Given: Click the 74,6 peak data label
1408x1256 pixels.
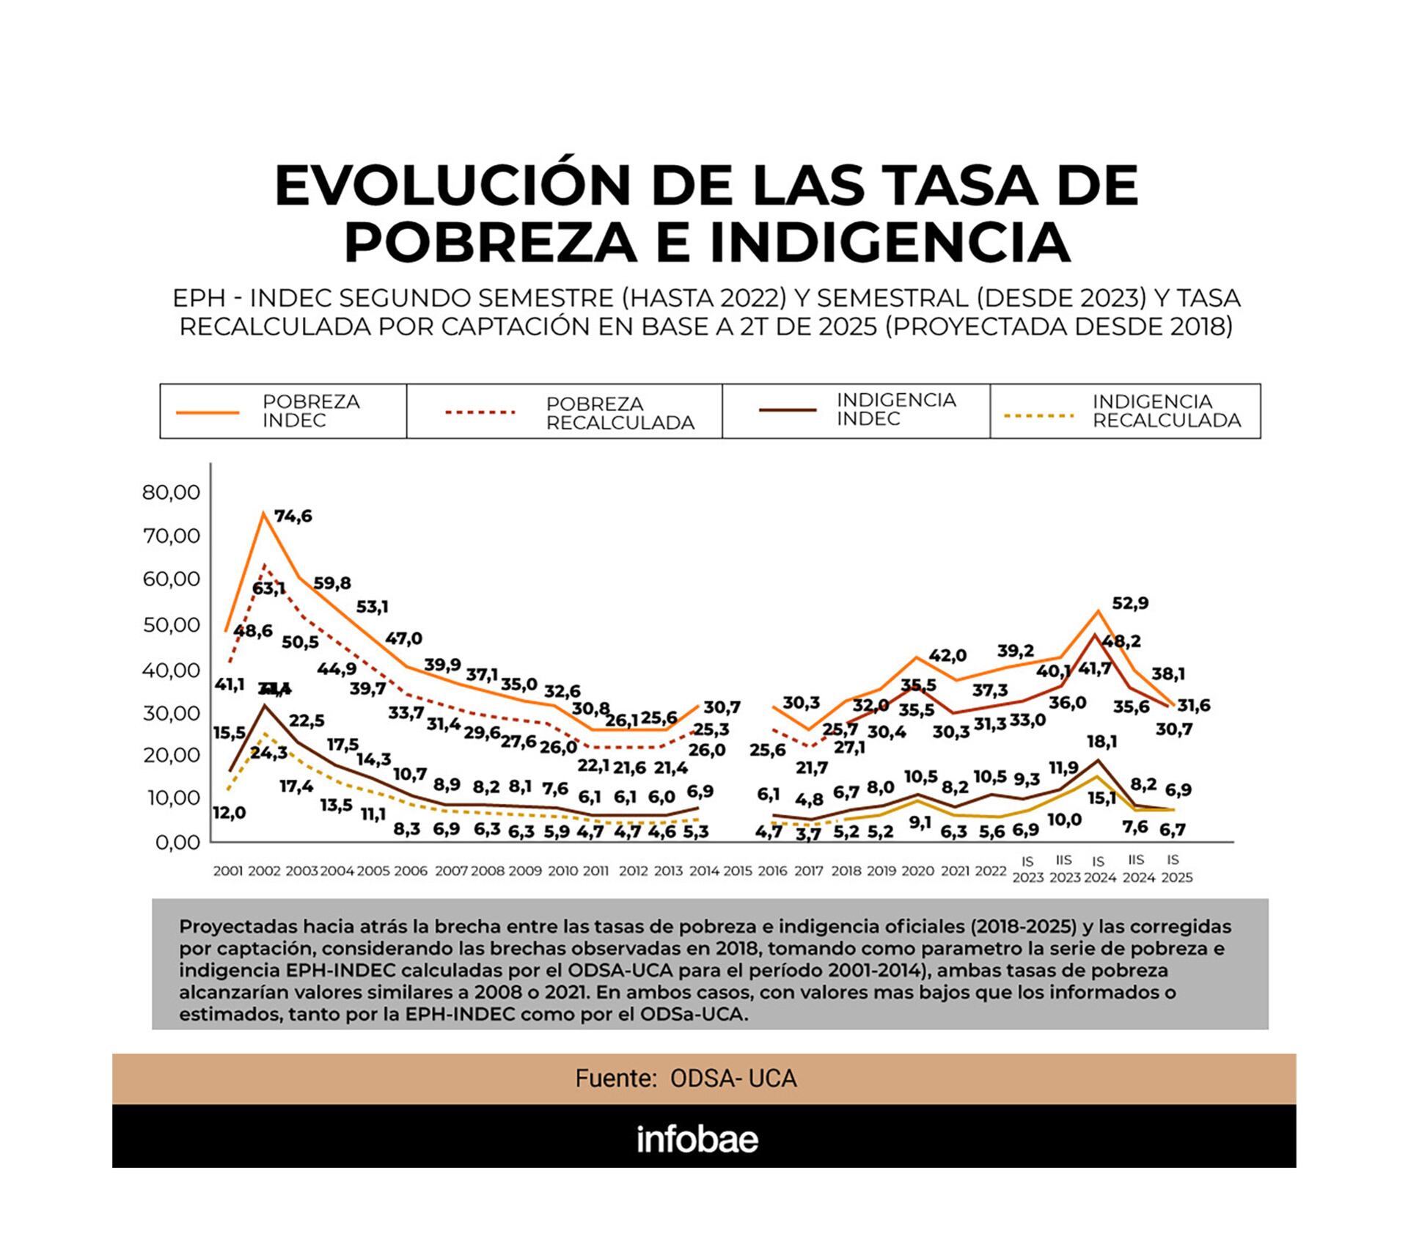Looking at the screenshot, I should click(293, 516).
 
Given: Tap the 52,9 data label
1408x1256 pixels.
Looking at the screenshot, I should click(1130, 603).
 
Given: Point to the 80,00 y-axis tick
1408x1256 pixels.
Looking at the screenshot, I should click(171, 492).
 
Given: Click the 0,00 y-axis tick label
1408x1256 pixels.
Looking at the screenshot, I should click(177, 842).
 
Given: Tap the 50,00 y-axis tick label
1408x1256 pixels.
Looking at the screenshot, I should click(171, 625).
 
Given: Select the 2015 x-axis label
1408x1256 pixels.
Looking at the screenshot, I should click(737, 871).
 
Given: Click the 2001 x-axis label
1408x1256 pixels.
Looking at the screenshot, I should click(227, 871).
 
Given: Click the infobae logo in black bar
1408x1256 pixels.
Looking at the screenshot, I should click(697, 1139).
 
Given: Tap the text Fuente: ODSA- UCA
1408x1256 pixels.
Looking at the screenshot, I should click(685, 1078).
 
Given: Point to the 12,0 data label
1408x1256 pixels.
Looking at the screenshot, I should click(229, 813).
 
